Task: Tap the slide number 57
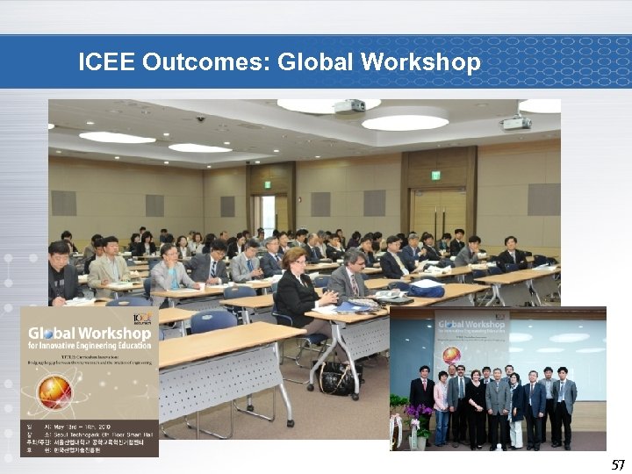click(x=618, y=464)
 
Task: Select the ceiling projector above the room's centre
click(x=349, y=106)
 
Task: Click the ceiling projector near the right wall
click(x=516, y=123)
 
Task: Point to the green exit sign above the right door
click(x=435, y=175)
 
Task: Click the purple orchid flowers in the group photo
click(x=416, y=411)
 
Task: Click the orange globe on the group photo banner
click(x=451, y=355)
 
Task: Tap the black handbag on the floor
click(x=338, y=378)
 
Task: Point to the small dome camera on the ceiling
click(x=200, y=118)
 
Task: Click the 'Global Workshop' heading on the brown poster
click(x=89, y=333)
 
